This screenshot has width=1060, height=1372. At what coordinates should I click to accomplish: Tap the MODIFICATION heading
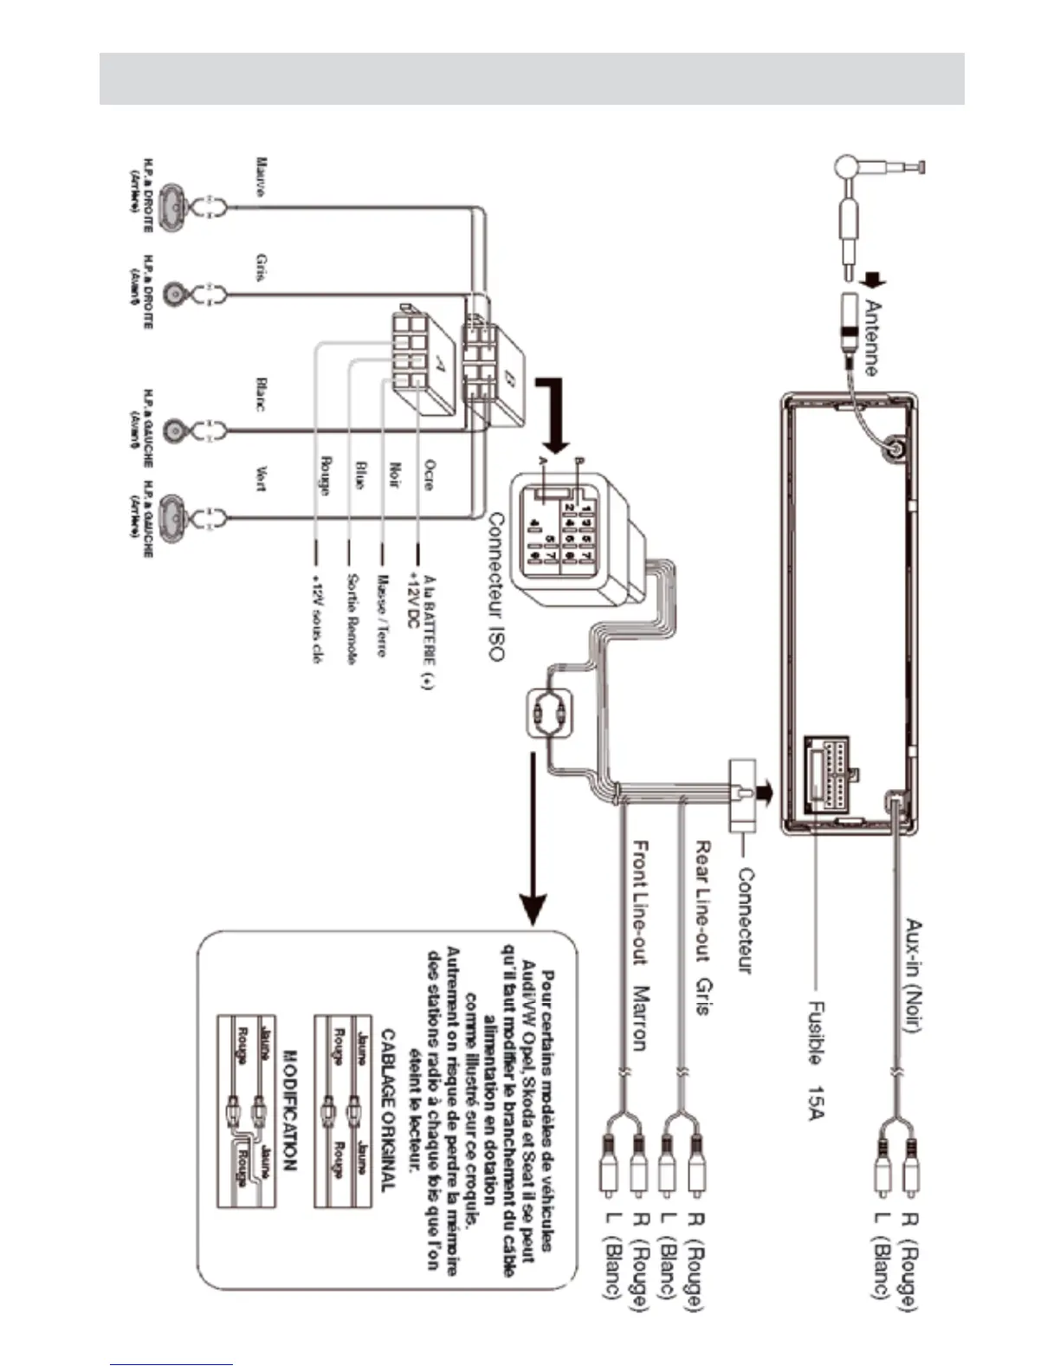291,1110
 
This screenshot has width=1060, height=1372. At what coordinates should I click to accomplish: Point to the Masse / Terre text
380,615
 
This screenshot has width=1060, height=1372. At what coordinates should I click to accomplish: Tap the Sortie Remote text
352,618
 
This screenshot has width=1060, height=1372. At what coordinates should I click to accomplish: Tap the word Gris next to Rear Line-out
703,997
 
